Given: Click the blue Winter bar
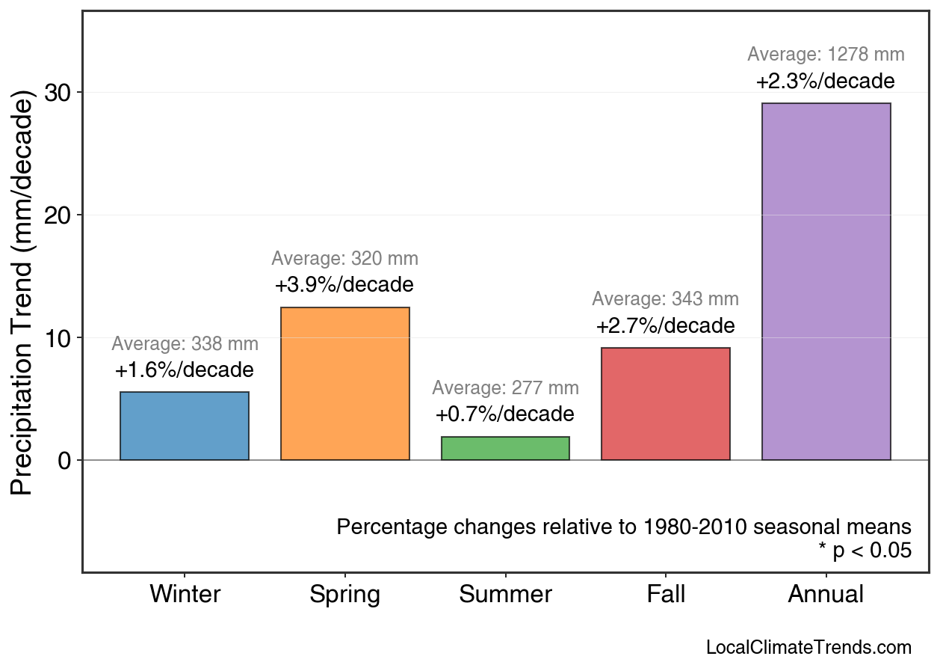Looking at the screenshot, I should point(185,426).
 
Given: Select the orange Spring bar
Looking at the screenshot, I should point(345,384).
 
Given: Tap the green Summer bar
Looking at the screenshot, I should point(505,448).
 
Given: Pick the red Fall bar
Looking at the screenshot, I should point(666,404).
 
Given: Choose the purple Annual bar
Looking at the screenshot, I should point(826,281).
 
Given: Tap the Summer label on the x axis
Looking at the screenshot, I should point(505,595).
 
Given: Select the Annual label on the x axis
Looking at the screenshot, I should point(826,595).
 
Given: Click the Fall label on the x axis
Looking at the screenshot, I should point(666,595).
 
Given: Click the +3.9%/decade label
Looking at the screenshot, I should point(344,285).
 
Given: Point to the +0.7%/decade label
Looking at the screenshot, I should point(505,414).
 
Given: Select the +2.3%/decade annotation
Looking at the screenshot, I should point(825,81).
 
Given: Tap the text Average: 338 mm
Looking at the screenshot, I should point(185,345).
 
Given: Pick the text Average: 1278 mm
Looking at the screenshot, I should point(826,55).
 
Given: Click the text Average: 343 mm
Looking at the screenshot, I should point(665,299).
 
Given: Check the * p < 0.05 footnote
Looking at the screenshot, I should point(865,551).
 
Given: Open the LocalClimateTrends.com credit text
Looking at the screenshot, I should point(808,648).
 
